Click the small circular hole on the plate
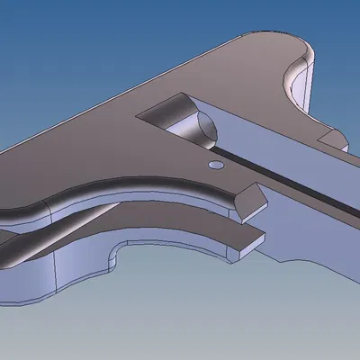pyautogui.click(x=214, y=166)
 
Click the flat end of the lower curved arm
pyautogui.click(x=253, y=240)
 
